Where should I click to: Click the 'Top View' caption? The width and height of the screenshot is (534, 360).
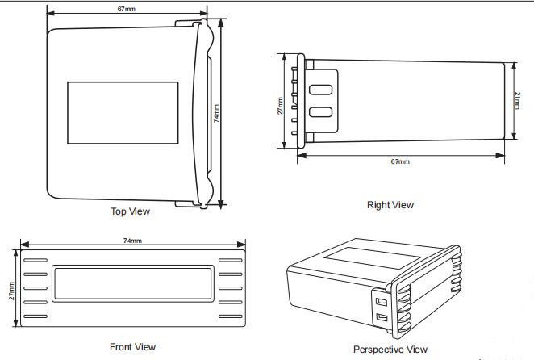[131, 211]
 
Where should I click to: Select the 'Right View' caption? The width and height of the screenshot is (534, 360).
[390, 205]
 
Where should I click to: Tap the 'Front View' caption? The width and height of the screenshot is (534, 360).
[133, 347]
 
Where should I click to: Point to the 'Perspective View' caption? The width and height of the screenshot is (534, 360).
[390, 350]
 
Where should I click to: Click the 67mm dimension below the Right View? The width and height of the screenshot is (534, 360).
[400, 162]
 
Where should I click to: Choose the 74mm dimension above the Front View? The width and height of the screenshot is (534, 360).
[133, 240]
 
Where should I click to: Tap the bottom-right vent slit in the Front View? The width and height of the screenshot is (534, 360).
[231, 315]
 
